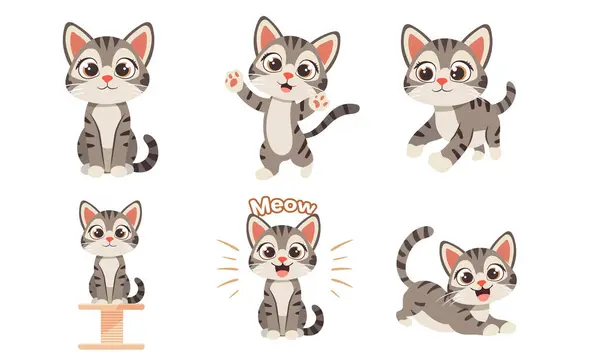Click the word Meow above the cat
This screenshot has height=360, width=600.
283,206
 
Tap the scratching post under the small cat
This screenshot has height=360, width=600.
111,326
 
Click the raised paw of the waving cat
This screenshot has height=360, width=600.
233,81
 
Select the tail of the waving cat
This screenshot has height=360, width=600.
332,119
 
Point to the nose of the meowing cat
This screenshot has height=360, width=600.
282,260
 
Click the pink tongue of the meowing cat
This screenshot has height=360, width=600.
282,273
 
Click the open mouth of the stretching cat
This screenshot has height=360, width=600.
482,295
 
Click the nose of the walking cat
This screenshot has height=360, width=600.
442,81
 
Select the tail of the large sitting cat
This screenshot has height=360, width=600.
147,154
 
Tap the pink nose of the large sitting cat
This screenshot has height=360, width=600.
108,78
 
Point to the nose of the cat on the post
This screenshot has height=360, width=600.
110,239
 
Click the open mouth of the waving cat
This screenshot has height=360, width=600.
286,87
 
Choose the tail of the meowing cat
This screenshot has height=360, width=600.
316,321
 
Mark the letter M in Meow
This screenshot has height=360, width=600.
258,207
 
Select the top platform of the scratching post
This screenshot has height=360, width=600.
111,306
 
